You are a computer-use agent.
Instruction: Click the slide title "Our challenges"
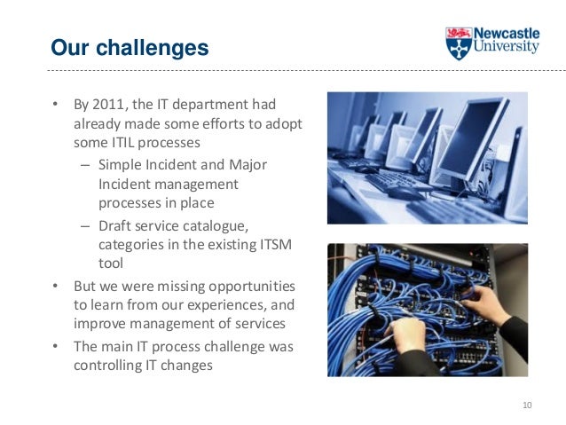click(x=130, y=46)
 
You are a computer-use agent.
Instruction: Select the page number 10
click(x=527, y=405)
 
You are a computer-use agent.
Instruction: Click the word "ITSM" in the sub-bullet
click(x=277, y=244)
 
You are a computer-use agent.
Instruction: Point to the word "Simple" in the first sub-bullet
click(x=119, y=165)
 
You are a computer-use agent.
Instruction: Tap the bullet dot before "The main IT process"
click(x=54, y=345)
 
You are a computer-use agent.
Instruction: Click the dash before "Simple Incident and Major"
click(x=83, y=165)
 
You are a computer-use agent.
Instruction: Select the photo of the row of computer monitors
click(x=427, y=157)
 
